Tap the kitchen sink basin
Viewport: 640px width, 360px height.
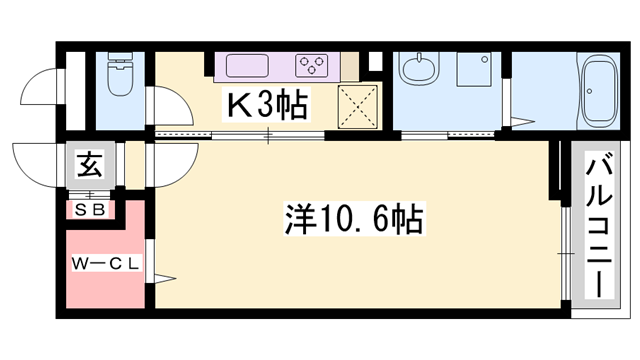pos(247,65)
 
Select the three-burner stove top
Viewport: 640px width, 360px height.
pos(312,65)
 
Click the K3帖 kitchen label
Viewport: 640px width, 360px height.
pos(266,105)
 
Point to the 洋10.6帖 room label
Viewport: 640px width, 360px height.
pos(354,219)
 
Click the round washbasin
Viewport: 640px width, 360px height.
pos(419,68)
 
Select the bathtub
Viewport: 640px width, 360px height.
pos(600,91)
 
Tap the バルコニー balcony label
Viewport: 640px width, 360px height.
pos(599,224)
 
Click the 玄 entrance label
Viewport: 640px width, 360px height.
pos(90,164)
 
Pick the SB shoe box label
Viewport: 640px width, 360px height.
pos(91,210)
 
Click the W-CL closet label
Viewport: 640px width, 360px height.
pos(106,264)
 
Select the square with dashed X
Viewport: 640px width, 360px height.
pos(358,106)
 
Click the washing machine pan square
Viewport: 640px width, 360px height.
pos(473,69)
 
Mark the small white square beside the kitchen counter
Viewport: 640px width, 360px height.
pos(375,61)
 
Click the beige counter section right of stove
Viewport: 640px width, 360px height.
pos(349,66)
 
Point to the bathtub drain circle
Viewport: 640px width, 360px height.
pos(589,91)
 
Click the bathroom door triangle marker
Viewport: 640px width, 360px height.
pos(522,121)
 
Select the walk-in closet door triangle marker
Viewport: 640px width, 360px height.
pos(164,279)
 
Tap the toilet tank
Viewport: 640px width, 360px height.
pos(120,58)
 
